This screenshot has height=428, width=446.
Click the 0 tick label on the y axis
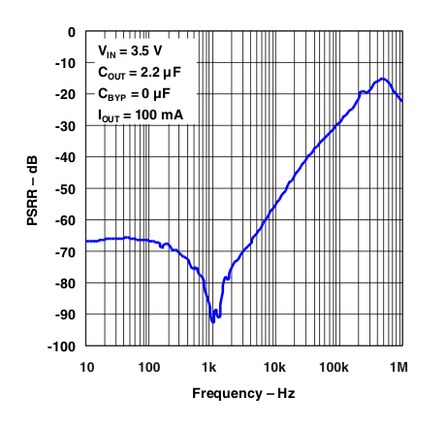click(71, 32)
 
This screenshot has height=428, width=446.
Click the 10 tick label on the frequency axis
click(86, 366)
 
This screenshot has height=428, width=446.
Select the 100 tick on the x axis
click(148, 366)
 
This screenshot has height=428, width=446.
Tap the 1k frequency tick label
click(211, 366)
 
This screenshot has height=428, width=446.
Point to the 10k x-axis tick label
click(274, 366)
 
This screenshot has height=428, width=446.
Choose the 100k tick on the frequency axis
click(336, 366)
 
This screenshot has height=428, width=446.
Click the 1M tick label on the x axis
click(398, 366)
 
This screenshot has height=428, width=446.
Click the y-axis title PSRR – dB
click(33, 189)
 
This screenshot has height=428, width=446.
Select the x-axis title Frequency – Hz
click(243, 393)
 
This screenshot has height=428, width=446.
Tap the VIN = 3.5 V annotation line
click(132, 49)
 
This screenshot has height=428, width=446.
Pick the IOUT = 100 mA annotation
click(141, 115)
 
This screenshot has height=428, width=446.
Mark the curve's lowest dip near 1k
click(213, 320)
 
